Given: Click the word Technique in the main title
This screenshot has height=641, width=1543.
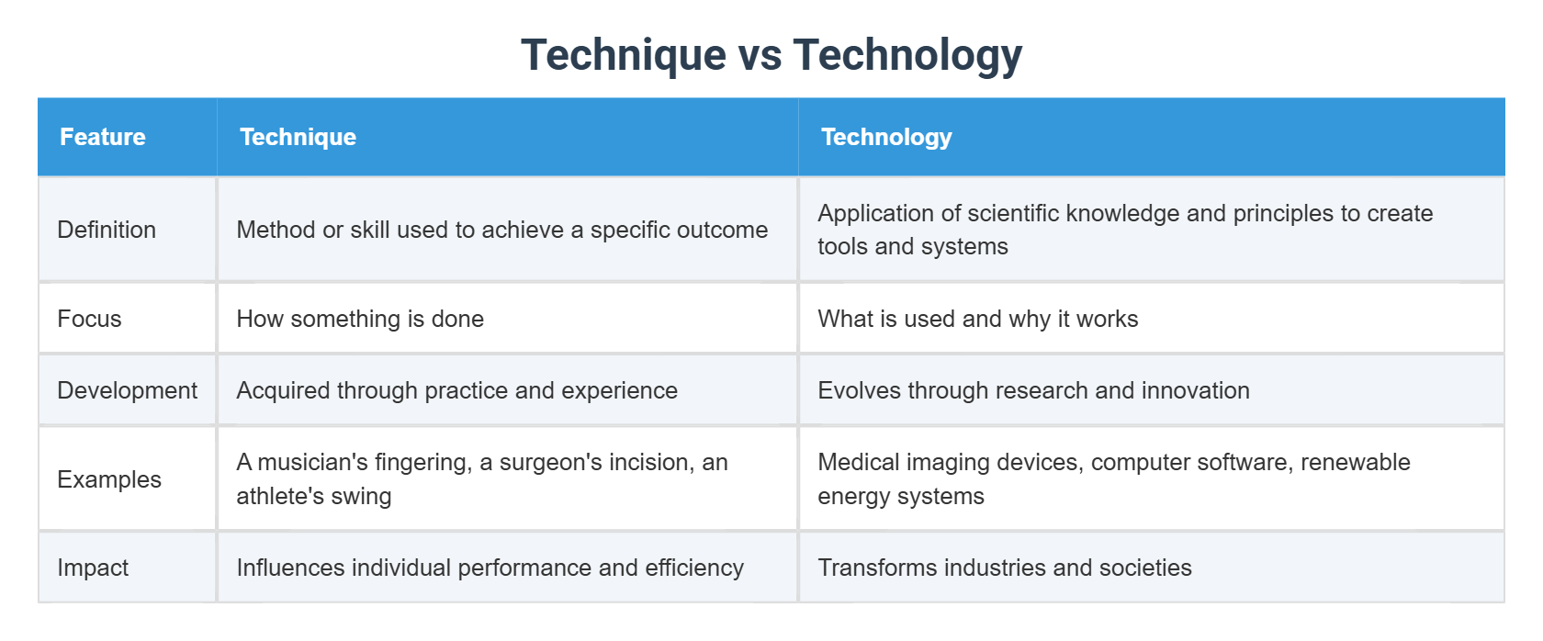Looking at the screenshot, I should click(623, 54).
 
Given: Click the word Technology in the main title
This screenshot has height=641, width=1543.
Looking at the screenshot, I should click(907, 54).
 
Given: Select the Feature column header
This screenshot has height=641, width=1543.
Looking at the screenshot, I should click(103, 137).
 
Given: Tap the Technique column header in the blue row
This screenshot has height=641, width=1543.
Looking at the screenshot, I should click(298, 137).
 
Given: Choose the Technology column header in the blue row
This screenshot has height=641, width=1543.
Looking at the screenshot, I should click(886, 137).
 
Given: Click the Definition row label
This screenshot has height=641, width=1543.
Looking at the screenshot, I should click(107, 230).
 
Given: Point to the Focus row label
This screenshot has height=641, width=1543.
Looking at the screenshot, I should click(89, 319).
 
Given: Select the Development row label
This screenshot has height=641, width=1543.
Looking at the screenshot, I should click(127, 390).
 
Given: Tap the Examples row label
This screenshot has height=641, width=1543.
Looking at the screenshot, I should click(109, 479).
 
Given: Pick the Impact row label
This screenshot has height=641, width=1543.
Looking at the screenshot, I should click(93, 568).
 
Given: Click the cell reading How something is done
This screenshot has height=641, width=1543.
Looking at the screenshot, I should click(360, 319).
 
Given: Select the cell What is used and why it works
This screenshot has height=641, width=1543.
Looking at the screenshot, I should click(977, 319).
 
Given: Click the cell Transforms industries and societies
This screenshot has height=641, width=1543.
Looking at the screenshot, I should click(1004, 568).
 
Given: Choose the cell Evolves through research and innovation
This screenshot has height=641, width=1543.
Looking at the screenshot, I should click(1033, 390).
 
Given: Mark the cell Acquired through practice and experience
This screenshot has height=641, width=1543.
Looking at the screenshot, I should click(456, 390).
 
